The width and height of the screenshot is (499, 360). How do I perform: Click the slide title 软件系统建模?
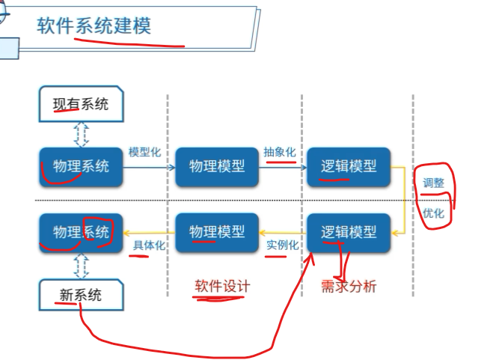(94, 26)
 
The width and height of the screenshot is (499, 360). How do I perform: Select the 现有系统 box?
(81, 104)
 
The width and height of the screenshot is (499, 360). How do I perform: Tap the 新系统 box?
(81, 295)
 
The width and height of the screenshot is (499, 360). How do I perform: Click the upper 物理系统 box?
(81, 166)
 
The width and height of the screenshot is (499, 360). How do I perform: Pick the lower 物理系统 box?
(81, 232)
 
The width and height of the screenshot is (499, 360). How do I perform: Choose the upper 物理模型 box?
(217, 166)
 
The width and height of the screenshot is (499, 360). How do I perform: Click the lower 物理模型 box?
(217, 232)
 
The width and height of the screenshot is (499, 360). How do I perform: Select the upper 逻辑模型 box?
(349, 166)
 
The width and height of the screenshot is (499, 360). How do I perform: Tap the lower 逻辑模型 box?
(349, 232)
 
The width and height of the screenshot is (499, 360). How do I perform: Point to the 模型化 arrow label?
(145, 152)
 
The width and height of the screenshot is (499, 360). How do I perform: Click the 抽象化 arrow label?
(279, 152)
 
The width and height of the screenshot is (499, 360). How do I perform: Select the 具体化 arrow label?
(149, 245)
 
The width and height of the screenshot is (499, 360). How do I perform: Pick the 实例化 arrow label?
(283, 245)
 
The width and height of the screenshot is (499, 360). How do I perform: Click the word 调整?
(434, 182)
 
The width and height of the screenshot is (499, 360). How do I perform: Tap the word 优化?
(434, 213)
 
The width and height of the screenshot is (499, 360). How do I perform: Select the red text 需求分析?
(349, 287)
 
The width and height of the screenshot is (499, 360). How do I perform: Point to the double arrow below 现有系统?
(81, 133)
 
